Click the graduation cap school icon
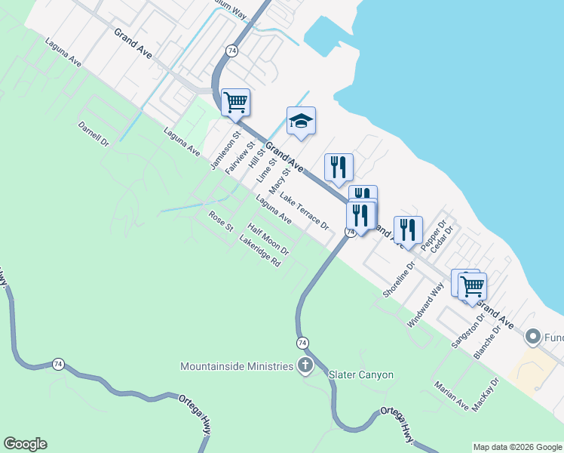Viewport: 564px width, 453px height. click(x=301, y=122)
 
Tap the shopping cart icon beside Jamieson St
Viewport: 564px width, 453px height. click(x=235, y=102)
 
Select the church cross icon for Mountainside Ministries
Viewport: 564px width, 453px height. click(x=305, y=367)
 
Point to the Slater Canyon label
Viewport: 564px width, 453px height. click(x=361, y=374)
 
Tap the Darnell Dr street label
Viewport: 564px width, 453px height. click(x=93, y=134)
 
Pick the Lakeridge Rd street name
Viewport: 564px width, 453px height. click(x=259, y=252)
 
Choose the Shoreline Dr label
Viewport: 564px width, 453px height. click(x=399, y=279)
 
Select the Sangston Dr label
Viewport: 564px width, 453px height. click(x=465, y=331)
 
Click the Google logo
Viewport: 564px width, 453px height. click(x=25, y=444)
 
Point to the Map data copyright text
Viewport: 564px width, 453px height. click(x=517, y=447)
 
